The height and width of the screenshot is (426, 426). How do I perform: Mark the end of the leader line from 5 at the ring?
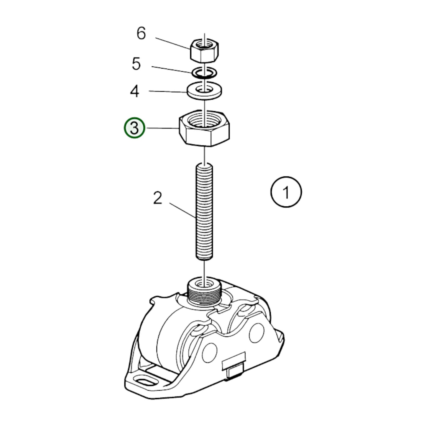click(x=192, y=73)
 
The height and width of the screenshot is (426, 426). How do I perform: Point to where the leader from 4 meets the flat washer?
click(x=187, y=92)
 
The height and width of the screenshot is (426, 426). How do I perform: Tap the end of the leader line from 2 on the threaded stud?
click(x=196, y=218)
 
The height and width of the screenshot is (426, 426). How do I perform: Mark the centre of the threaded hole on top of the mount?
click(x=205, y=284)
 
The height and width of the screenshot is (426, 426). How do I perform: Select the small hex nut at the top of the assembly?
click(x=204, y=51)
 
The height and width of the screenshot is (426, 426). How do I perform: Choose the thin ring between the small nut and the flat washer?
click(x=204, y=73)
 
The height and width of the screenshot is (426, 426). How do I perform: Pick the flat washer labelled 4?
click(x=205, y=91)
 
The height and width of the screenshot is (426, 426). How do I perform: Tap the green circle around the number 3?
click(x=134, y=128)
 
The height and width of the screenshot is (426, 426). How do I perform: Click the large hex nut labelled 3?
click(x=205, y=128)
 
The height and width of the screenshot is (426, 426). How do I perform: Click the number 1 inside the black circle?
click(x=286, y=192)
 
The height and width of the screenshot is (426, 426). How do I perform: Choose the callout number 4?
click(x=135, y=91)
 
